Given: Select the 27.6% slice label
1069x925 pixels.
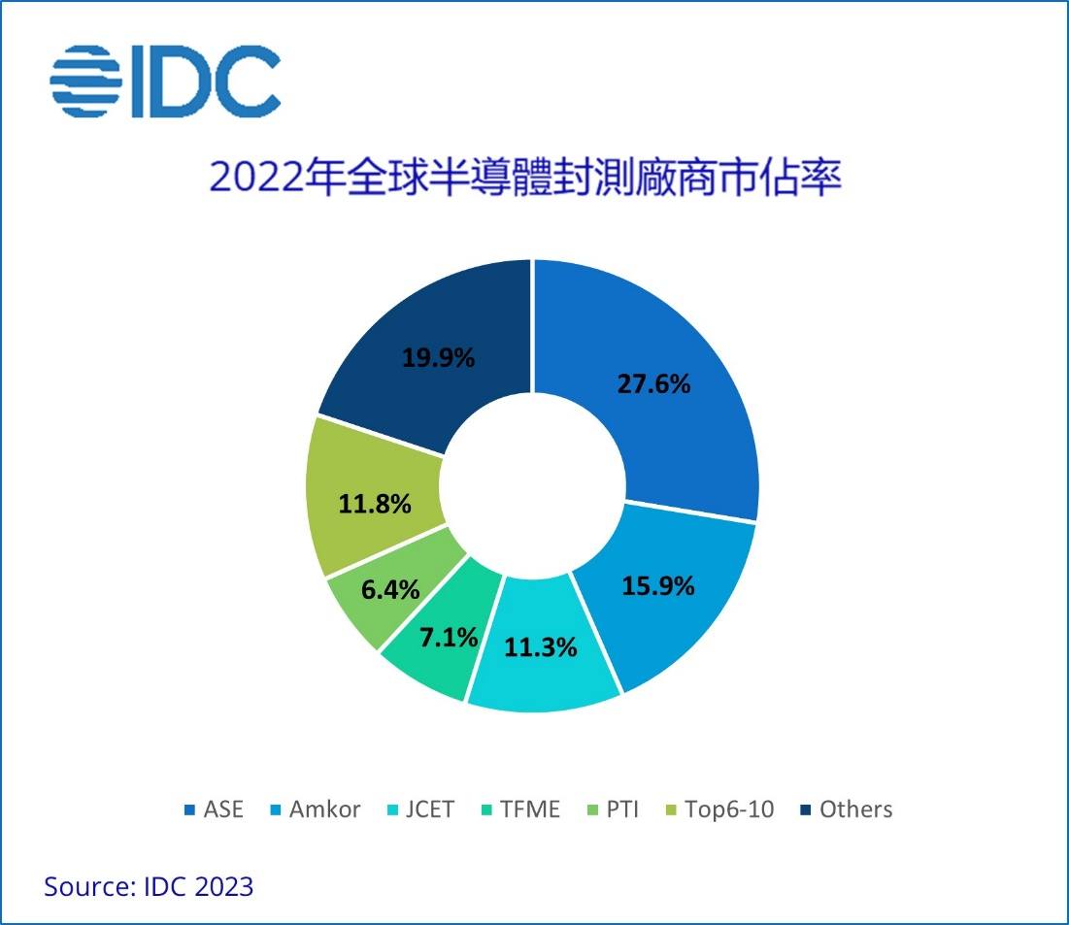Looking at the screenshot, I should tap(653, 383).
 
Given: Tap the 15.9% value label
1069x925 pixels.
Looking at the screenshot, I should tap(657, 586).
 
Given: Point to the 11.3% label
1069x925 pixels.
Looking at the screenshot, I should tap(540, 646).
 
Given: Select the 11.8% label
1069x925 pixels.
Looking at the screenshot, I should tap(375, 504).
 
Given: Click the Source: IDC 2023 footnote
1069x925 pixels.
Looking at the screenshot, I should tap(149, 886).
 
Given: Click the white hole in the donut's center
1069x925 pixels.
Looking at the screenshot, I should tap(532, 484).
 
